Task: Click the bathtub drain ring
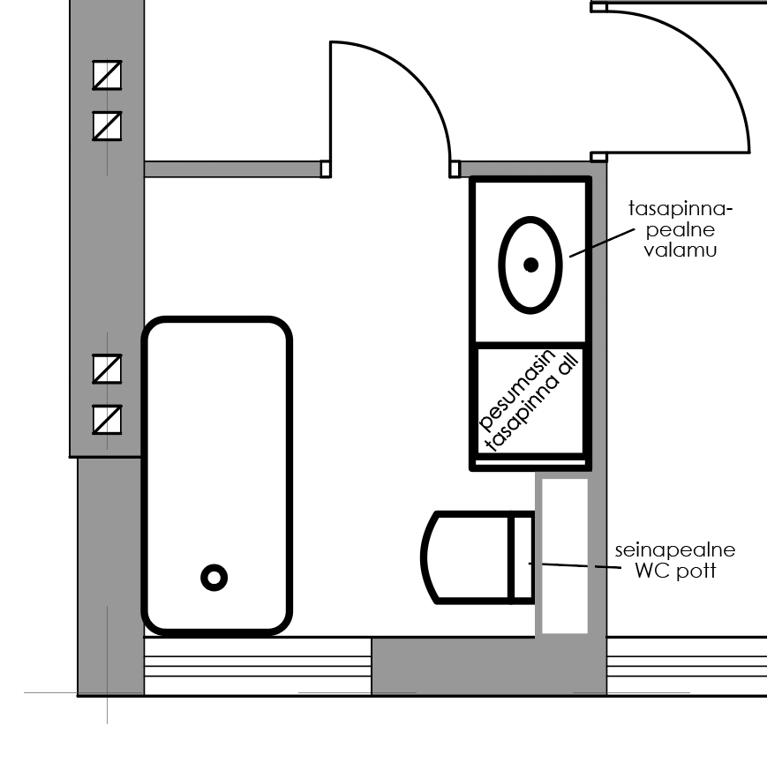(214, 578)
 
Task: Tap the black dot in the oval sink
(530, 265)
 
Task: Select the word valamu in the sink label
(681, 250)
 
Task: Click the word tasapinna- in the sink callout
(681, 209)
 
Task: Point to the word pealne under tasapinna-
(681, 229)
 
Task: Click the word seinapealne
(675, 550)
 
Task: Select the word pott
(696, 571)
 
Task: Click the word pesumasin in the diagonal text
(517, 391)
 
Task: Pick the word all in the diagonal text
(568, 364)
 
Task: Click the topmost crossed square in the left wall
(107, 75)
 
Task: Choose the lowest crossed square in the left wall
(107, 420)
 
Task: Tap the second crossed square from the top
(107, 126)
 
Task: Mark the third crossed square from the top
(107, 369)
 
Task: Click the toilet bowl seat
(464, 557)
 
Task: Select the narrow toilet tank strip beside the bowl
(522, 557)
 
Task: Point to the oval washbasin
(530, 265)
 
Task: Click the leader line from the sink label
(602, 243)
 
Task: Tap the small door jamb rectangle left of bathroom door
(326, 169)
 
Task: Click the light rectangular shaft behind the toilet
(565, 557)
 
